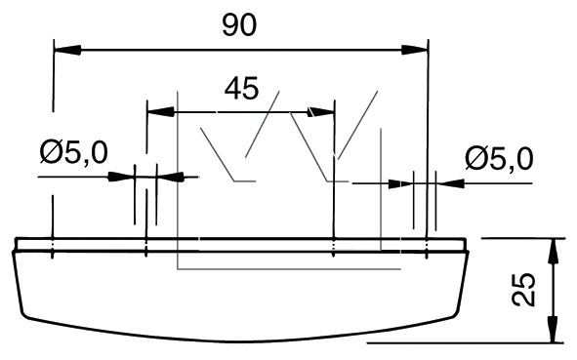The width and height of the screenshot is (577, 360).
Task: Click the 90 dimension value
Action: tap(239, 25)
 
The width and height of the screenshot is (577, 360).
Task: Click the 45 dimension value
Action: tap(242, 88)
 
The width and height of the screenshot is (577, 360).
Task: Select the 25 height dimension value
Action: tap(523, 290)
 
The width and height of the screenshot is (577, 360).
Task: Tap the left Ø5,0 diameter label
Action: tap(73, 152)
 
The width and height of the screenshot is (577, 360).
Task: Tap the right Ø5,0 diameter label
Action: tap(499, 158)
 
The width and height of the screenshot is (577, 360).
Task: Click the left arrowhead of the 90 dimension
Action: tap(67, 50)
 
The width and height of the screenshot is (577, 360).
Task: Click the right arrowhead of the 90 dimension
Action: tap(414, 50)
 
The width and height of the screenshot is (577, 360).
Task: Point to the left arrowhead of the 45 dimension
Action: tap(161, 112)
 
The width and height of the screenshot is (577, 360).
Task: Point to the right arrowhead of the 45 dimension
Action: tap(321, 112)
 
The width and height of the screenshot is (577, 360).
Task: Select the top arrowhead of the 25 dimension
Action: tap(554, 252)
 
